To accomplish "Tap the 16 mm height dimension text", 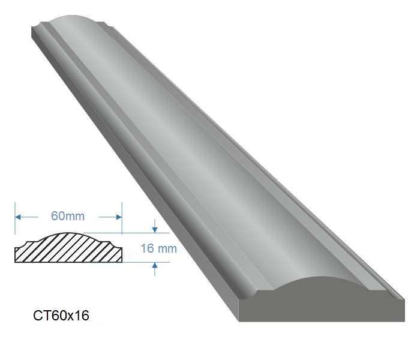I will pos(158,248).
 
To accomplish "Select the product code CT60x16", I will pos(61,316).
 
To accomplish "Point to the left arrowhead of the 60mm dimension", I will pos(19,217).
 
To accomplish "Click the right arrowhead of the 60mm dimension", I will pos(119,217).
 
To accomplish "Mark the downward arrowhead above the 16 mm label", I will pos(155,229).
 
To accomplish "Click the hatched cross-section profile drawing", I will pos(68,249).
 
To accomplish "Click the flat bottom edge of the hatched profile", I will pos(68,262).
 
